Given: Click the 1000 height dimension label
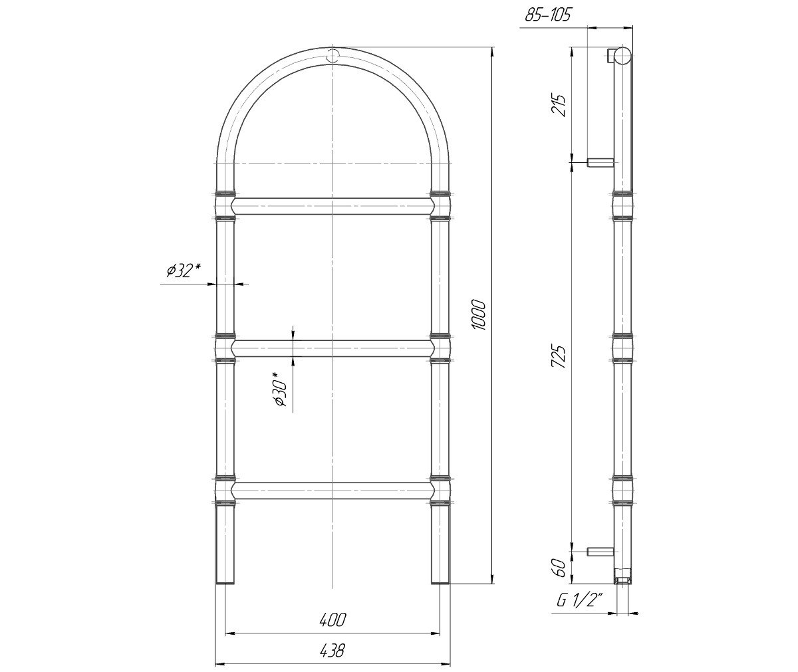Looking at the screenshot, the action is (479, 315).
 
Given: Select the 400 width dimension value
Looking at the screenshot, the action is (332, 619).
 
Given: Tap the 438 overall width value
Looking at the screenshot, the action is (332, 650).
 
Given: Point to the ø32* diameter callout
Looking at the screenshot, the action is (184, 271).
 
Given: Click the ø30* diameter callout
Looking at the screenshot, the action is (281, 389).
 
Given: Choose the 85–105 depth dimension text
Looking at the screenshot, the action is (548, 15).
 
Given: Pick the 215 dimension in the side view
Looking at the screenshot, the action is (558, 105).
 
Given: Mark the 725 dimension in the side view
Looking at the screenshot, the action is (559, 356).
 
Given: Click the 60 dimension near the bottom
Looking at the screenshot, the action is (559, 568).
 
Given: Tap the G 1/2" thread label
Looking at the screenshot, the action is (579, 601).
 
